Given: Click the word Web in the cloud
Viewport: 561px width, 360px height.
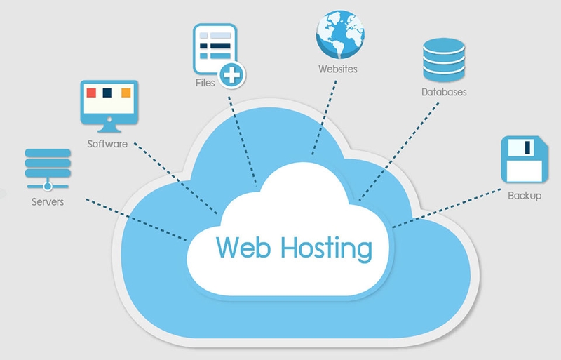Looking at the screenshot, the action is pyautogui.click(x=243, y=247).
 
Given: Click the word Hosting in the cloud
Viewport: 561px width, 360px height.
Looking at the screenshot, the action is pyautogui.click(x=326, y=249).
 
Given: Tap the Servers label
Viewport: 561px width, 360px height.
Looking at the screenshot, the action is pyautogui.click(x=48, y=201).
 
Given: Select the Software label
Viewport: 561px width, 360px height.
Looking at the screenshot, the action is pyautogui.click(x=107, y=144).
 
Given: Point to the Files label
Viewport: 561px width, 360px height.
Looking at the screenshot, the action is pyautogui.click(x=205, y=83).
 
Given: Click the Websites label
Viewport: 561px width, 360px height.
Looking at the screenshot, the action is pyautogui.click(x=338, y=69).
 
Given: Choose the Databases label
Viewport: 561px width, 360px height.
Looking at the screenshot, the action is pyautogui.click(x=444, y=92).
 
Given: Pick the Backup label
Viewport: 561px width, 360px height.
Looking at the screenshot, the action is pyautogui.click(x=525, y=196).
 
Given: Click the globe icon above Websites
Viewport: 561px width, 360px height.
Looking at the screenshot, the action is pyautogui.click(x=340, y=35).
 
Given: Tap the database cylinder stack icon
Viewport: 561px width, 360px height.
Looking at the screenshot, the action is pyautogui.click(x=444, y=60).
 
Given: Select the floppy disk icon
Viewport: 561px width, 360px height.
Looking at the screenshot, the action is pyautogui.click(x=525, y=159).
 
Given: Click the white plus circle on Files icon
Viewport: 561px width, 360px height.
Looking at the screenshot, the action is pyautogui.click(x=232, y=75).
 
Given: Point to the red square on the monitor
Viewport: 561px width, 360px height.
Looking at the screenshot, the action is pyautogui.click(x=91, y=93).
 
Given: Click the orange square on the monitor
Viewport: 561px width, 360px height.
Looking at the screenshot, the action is pyautogui.click(x=126, y=93).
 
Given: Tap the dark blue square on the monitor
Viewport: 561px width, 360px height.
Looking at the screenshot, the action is pyautogui.click(x=107, y=93).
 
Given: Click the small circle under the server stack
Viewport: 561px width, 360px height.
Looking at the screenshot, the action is pyautogui.click(x=48, y=186).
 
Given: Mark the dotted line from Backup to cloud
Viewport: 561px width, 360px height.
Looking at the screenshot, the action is pyautogui.click(x=447, y=208).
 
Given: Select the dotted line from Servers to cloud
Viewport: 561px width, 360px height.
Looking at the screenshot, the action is pyautogui.click(x=136, y=220).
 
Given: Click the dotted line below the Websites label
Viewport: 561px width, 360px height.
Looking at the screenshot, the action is pyautogui.click(x=324, y=118).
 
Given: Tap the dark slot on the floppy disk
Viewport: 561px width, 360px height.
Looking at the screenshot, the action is pyautogui.click(x=527, y=147).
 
